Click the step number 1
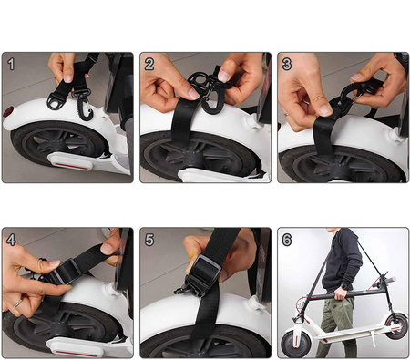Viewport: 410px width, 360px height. pyautogui.click(x=11, y=65)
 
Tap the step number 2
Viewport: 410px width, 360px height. pyautogui.click(x=149, y=64)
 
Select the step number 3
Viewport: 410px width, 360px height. pyautogui.click(x=286, y=64)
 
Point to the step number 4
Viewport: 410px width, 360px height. pyautogui.click(x=11, y=241)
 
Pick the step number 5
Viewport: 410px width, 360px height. pyautogui.click(x=149, y=241)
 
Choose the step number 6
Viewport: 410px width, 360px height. pyautogui.click(x=286, y=241)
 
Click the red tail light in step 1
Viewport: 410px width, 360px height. pyautogui.click(x=8, y=112)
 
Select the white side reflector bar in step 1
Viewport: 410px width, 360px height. pyautogui.click(x=74, y=162)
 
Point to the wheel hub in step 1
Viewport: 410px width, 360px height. pyautogui.click(x=56, y=147)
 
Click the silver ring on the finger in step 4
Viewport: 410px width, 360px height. pyautogui.click(x=17, y=301)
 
